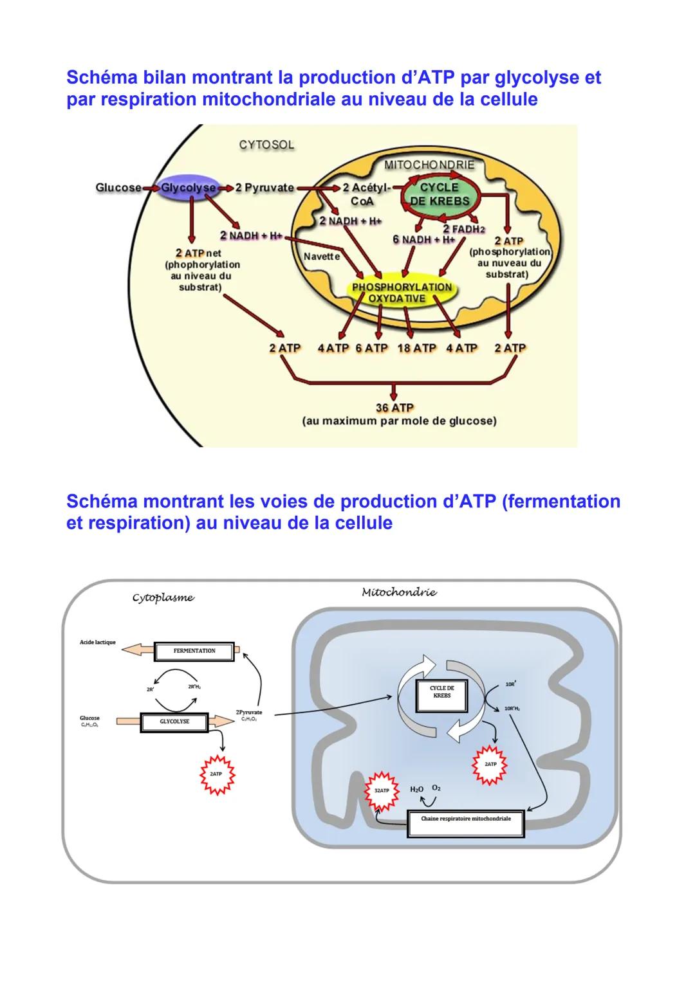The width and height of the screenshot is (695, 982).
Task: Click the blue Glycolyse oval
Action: click(189, 188)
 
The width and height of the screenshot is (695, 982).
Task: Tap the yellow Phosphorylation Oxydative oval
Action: click(402, 293)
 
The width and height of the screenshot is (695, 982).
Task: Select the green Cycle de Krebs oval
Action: click(440, 194)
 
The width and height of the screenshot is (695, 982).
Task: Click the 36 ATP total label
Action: click(394, 408)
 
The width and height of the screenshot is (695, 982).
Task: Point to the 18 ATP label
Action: click(416, 348)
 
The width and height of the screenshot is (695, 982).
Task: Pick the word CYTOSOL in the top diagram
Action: click(266, 145)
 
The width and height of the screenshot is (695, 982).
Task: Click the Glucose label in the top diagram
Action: click(118, 188)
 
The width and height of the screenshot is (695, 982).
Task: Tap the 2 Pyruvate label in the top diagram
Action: click(264, 188)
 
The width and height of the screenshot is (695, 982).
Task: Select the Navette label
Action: click(322, 256)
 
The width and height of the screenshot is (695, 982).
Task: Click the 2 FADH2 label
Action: click(464, 229)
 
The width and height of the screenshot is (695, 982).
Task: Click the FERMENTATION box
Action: click(194, 651)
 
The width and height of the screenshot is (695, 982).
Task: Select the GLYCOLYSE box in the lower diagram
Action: click(174, 722)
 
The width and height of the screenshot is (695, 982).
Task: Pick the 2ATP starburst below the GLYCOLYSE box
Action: click(216, 774)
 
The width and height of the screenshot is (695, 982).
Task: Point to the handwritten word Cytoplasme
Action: click(163, 598)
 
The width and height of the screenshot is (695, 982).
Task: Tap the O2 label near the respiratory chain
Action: click(436, 788)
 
